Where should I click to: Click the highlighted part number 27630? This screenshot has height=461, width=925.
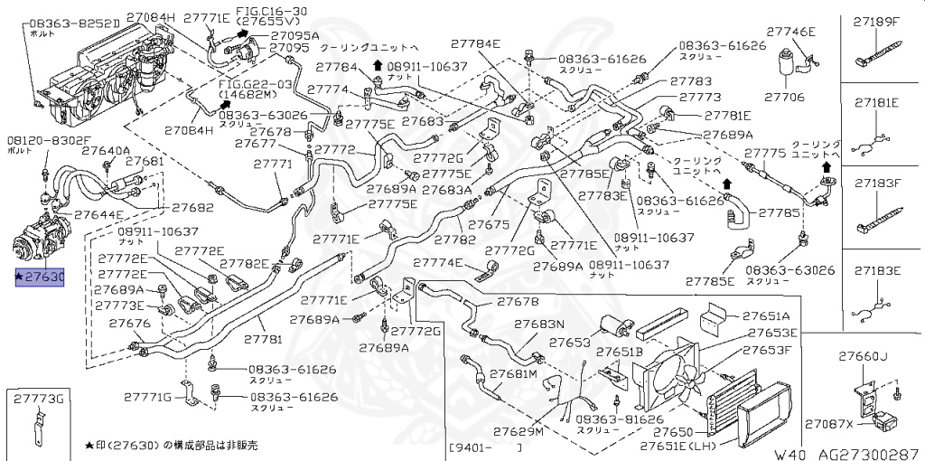point(41,278)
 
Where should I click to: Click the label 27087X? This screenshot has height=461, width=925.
point(829,423)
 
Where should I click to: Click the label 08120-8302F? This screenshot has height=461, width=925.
point(49,141)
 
